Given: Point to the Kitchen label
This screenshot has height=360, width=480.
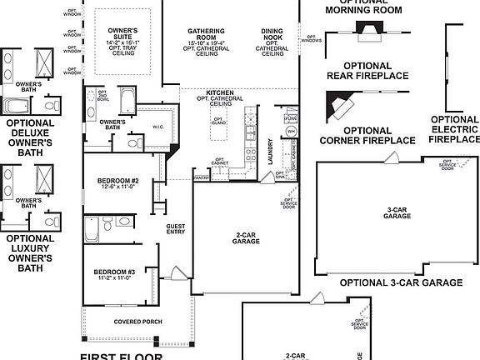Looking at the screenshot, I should pos(221,93).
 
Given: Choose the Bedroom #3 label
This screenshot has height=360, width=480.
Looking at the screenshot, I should pos(114,272).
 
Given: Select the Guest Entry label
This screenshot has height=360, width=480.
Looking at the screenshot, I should pos(176,229).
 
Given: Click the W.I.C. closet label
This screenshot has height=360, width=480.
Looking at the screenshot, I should pos(158,127).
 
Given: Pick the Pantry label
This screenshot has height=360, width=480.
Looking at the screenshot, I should pos(201,177).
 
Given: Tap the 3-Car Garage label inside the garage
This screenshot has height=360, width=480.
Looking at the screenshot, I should pos(398,212).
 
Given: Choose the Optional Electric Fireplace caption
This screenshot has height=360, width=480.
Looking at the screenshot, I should pos(454,130).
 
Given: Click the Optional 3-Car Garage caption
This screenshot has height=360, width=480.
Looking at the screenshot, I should pos(400,282).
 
